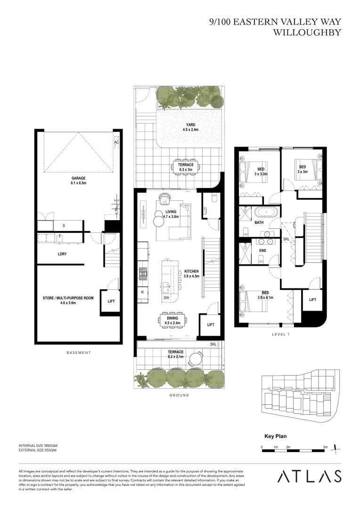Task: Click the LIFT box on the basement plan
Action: click(111, 301)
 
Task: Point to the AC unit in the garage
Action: click(116, 142)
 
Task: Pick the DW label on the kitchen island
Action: click(166, 298)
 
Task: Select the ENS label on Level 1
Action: click(262, 250)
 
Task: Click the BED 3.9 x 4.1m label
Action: click(266, 295)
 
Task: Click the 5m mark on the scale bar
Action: click(325, 447)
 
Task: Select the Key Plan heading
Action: click(275, 436)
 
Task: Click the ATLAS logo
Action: click(309, 476)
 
